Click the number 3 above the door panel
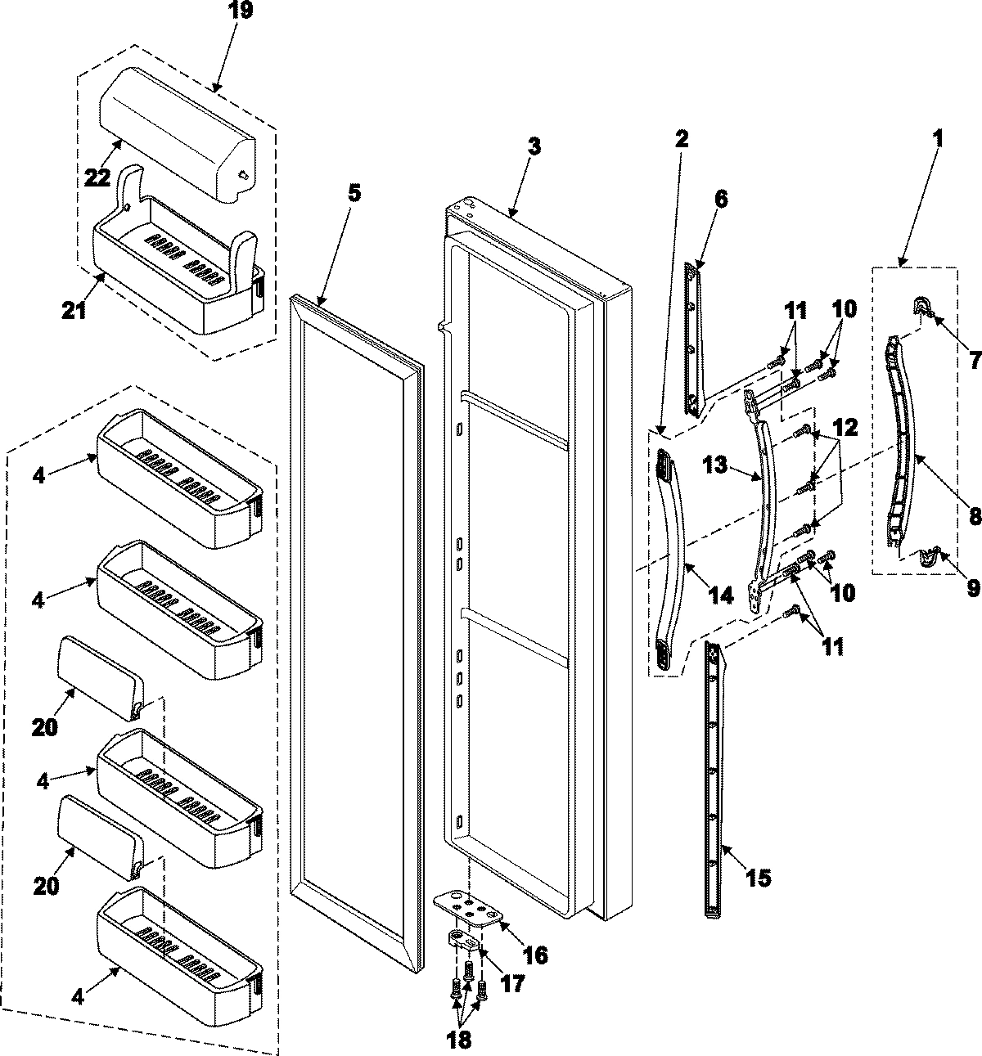point(534,147)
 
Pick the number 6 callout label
point(719,199)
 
